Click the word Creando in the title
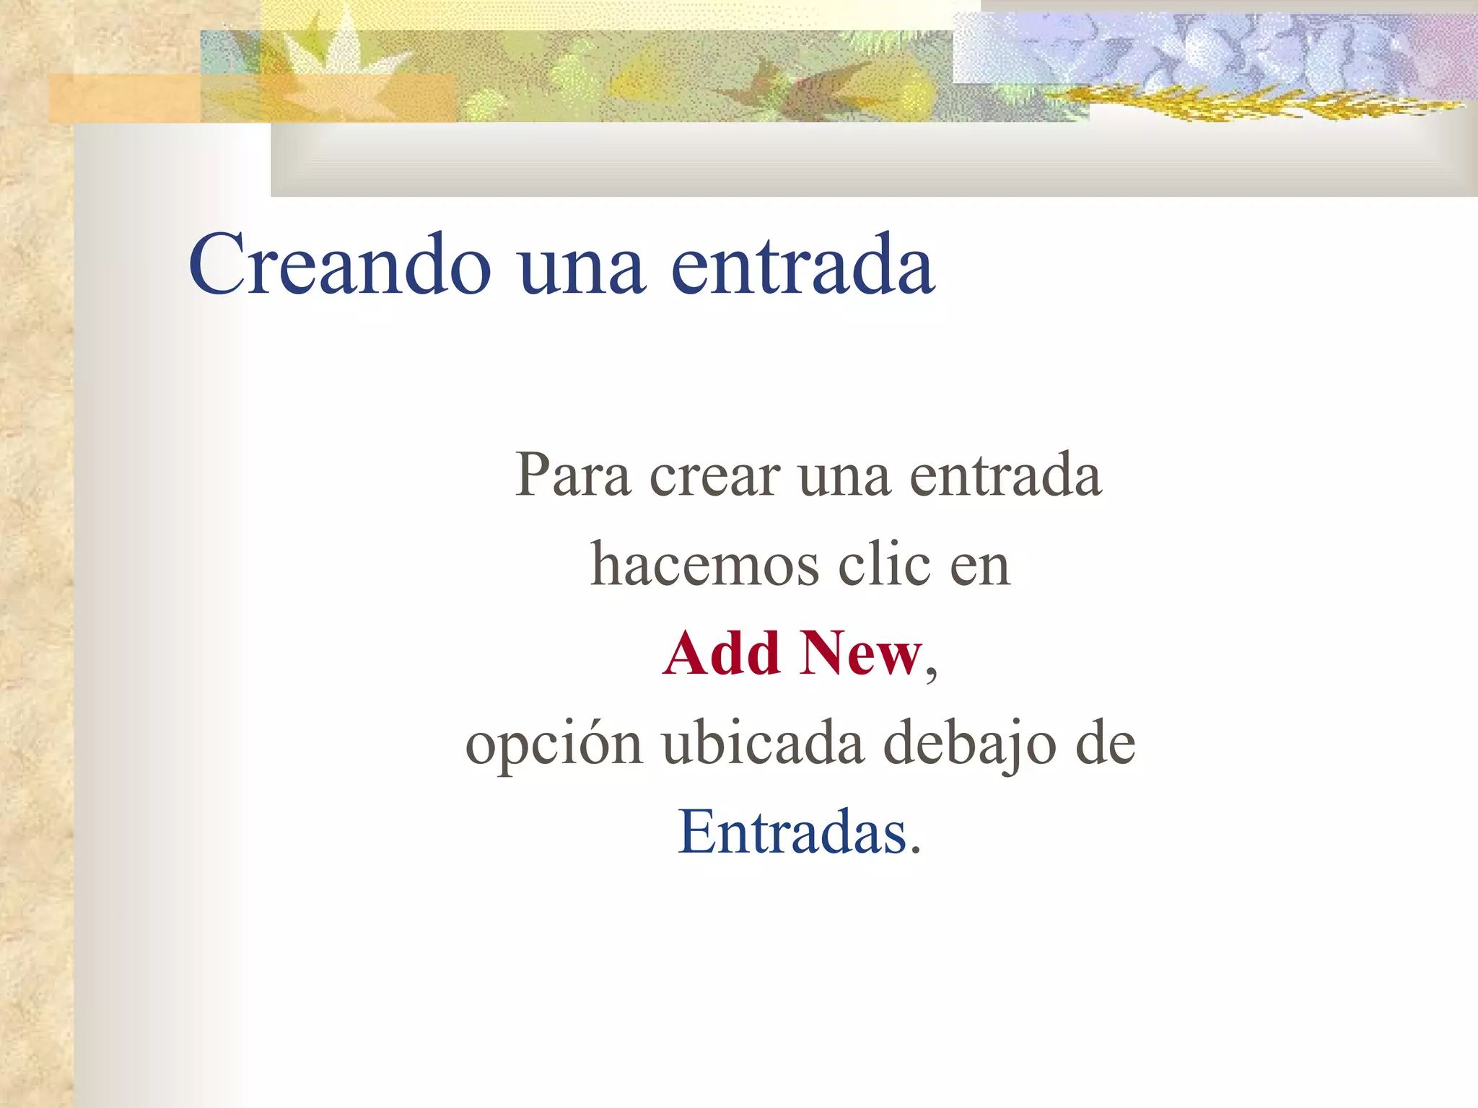340,265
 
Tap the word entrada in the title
803,265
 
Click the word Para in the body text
572,475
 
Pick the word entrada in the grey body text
1005,475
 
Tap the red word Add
722,654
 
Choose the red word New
860,654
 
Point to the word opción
554,745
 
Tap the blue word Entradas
792,832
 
